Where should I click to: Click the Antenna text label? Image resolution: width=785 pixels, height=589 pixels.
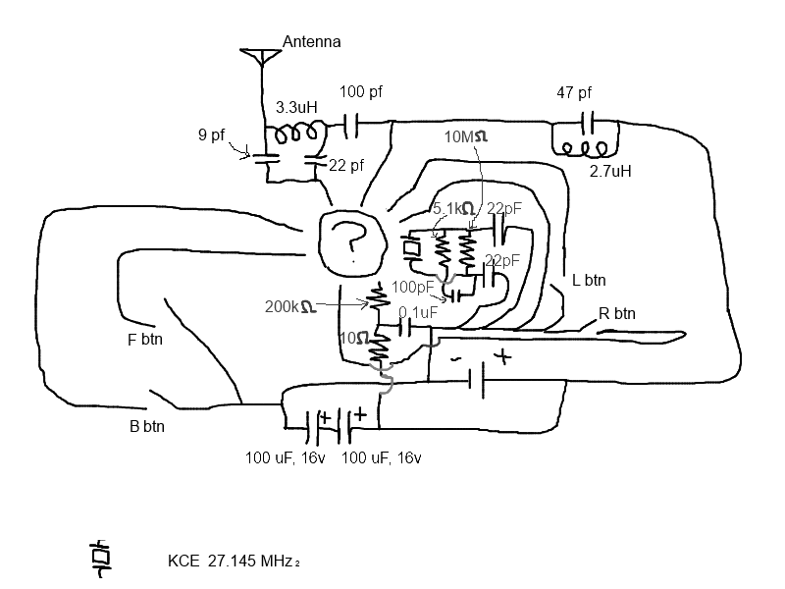tap(311, 41)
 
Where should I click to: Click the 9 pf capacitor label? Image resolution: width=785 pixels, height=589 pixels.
tap(211, 135)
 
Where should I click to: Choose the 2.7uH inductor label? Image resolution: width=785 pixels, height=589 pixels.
tap(609, 171)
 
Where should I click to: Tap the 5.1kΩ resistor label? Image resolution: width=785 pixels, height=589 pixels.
tap(454, 209)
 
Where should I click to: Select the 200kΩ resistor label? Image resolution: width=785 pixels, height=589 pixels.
tap(289, 306)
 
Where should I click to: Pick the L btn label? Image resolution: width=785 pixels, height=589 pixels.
tap(589, 280)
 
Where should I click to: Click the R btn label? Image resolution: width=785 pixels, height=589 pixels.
tap(617, 315)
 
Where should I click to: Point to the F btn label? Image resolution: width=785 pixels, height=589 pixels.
tap(145, 341)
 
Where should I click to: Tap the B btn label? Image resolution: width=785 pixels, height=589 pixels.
tap(148, 427)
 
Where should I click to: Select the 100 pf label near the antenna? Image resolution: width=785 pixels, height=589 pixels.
tap(360, 91)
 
